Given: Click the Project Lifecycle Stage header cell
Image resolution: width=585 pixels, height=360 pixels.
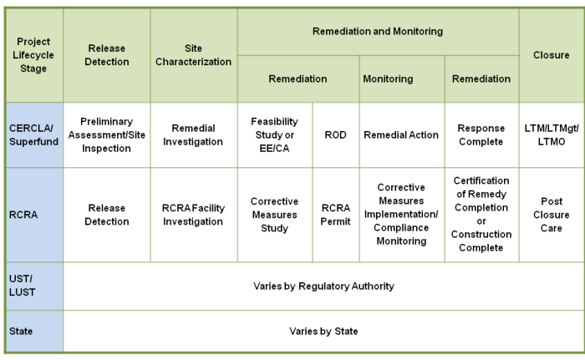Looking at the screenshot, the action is click(34, 55).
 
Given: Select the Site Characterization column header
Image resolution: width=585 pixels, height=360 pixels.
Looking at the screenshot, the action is click(194, 55).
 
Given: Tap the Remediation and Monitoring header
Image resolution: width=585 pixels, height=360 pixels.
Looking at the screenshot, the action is click(378, 32).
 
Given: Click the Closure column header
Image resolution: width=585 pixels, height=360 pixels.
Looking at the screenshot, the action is click(552, 55).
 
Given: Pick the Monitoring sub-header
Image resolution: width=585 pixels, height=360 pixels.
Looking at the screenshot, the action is click(402, 79).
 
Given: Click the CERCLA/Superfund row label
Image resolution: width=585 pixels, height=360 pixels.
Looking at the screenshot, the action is click(34, 135).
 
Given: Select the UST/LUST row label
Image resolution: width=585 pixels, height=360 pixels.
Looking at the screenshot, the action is click(34, 286).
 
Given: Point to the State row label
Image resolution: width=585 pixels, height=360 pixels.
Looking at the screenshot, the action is click(34, 331).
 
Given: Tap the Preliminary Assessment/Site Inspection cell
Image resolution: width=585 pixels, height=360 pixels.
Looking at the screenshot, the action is click(107, 135).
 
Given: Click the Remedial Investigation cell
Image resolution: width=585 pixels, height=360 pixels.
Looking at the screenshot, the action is click(194, 135).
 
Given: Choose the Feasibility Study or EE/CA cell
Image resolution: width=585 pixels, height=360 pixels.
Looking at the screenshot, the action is click(275, 135).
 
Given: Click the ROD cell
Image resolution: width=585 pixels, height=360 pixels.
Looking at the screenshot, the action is click(336, 135).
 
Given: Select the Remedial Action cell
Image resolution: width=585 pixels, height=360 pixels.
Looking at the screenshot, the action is click(402, 135).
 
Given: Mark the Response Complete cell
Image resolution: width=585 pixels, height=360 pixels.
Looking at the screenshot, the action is click(481, 135).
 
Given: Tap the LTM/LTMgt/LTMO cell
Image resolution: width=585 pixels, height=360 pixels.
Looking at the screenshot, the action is click(552, 135).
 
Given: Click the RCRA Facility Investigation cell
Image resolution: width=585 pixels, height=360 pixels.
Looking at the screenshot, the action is click(194, 215).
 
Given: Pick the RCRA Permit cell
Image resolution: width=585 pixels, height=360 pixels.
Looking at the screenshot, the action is click(336, 215).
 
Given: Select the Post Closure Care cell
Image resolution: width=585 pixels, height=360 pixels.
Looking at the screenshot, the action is click(552, 215).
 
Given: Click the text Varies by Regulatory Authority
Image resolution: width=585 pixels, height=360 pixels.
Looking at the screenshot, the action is click(323, 286).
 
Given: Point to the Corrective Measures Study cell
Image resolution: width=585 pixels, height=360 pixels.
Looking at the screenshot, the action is click(275, 215).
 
